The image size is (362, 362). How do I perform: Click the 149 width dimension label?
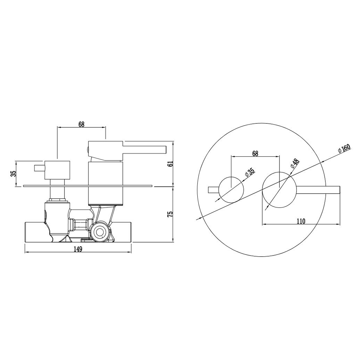click(x=78, y=249)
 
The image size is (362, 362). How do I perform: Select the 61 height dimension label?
click(x=171, y=164)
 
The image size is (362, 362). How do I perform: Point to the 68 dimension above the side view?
click(x=81, y=124)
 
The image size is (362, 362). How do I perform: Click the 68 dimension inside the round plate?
click(x=255, y=153)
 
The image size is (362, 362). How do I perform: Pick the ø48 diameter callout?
click(x=295, y=164)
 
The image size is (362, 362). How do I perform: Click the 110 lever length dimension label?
click(x=301, y=221)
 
